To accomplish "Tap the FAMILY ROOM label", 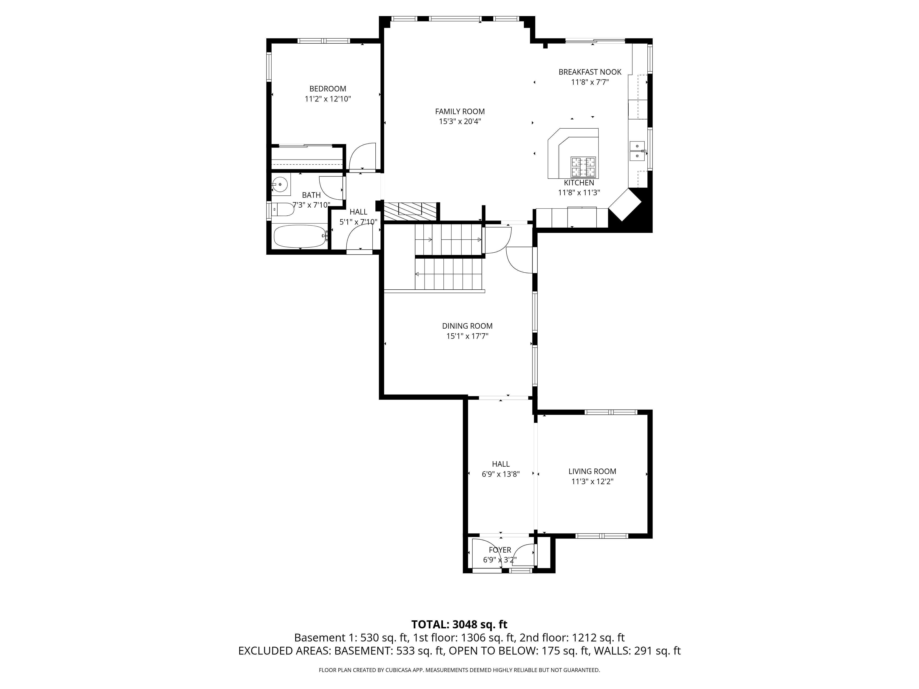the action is coord(460,111).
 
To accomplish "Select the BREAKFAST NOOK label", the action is coord(590,72).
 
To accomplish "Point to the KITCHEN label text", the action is coord(579,183).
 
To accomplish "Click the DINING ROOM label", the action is coord(467,326).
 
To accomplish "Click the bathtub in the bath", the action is coord(300,236).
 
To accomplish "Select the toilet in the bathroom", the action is coord(283,210).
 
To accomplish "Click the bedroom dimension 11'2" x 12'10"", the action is coord(328,99).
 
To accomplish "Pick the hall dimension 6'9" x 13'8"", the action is coord(501,474).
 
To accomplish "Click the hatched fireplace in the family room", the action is coord(411,211).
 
